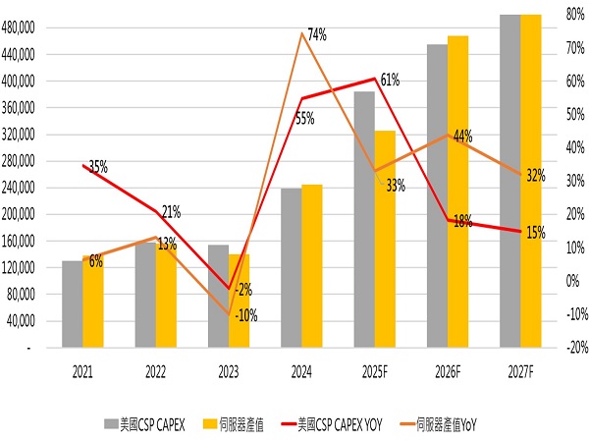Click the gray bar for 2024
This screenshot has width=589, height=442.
coord(292,267)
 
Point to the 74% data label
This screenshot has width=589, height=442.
coord(316,35)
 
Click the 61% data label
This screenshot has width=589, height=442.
coord(389,80)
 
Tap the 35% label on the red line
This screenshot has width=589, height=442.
coord(98,168)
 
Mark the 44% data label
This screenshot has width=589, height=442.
coord(463,135)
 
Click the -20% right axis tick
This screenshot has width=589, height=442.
coord(576,348)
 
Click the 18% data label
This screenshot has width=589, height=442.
coord(461,222)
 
